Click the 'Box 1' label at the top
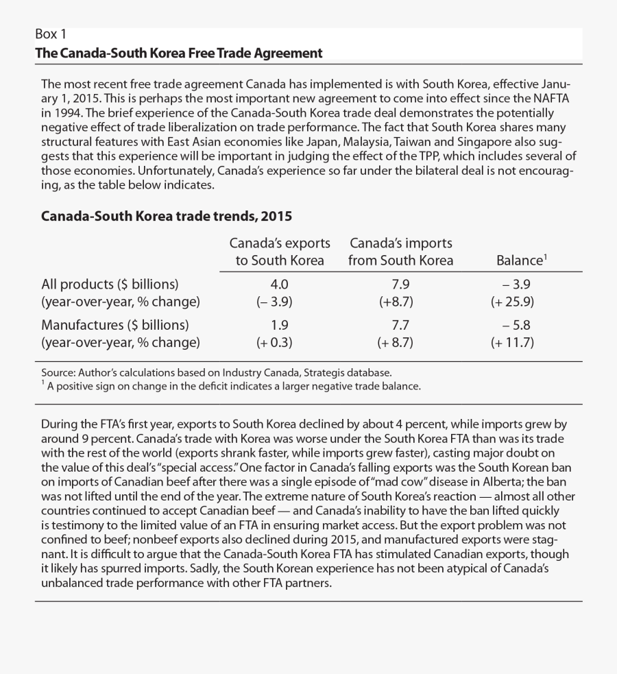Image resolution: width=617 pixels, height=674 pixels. pyautogui.click(x=51, y=35)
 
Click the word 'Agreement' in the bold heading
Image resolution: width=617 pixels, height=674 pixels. pyautogui.click(x=287, y=53)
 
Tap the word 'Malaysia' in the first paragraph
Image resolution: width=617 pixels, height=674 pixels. pyautogui.click(x=396, y=141)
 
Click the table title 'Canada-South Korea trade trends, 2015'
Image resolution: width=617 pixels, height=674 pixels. pyautogui.click(x=167, y=216)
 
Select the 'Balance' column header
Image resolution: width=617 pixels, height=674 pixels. pyautogui.click(x=520, y=261)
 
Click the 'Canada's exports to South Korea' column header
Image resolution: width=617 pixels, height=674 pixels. pyautogui.click(x=279, y=252)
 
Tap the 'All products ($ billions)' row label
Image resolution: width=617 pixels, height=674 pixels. pyautogui.click(x=110, y=284)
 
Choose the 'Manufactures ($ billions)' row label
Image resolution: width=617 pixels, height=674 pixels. pyautogui.click(x=115, y=324)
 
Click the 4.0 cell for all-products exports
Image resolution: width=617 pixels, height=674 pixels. pyautogui.click(x=280, y=284)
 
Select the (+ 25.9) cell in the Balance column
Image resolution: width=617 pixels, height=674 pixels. pyautogui.click(x=511, y=301)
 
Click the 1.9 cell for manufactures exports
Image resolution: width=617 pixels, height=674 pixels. pyautogui.click(x=280, y=324)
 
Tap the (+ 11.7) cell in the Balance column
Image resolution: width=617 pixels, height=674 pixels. pyautogui.click(x=511, y=342)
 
